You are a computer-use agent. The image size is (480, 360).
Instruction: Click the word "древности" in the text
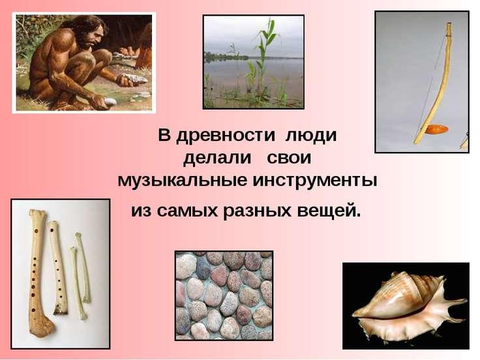[225, 136]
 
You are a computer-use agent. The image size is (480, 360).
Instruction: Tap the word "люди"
[310, 136]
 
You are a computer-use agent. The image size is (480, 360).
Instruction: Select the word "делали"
[217, 158]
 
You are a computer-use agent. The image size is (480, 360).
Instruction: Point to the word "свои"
[289, 158]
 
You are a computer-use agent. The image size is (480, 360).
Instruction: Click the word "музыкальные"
[182, 181]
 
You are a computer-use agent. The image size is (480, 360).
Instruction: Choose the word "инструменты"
[315, 181]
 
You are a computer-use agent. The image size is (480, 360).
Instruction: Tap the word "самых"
[188, 211]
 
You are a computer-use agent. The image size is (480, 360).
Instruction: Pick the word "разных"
[257, 211]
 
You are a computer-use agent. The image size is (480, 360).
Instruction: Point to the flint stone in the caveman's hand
[135, 80]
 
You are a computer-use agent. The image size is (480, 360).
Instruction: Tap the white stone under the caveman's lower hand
[110, 102]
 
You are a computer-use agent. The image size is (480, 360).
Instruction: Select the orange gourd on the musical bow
[436, 129]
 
